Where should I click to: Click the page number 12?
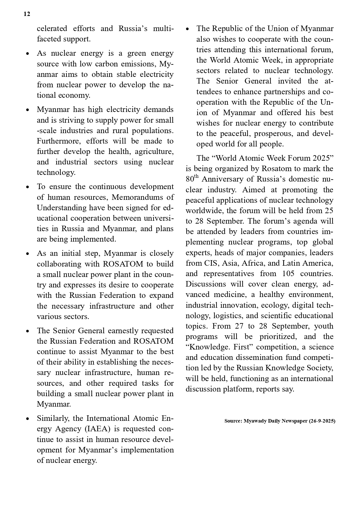[27, 14]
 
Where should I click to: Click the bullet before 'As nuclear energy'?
[28, 54]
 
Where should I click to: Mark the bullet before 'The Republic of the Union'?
[187, 29]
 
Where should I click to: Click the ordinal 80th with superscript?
[192, 179]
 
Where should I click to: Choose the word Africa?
[259, 263]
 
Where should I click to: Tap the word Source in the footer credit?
[232, 421]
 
